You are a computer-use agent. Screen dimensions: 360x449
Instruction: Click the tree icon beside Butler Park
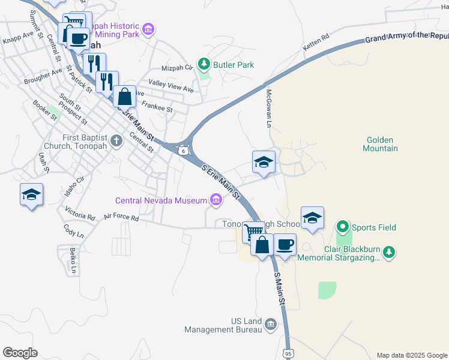point(204,64)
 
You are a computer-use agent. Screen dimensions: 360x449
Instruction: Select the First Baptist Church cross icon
point(117,141)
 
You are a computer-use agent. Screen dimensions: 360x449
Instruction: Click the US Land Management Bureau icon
point(270,325)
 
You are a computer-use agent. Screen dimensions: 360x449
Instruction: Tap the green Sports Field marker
point(343,227)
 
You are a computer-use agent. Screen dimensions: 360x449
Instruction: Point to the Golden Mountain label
point(381,144)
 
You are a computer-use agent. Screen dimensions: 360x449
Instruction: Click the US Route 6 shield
point(182,151)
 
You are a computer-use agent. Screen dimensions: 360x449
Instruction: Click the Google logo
point(20,352)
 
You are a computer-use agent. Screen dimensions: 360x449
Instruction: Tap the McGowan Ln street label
point(269,108)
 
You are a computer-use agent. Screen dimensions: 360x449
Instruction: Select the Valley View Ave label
point(171,86)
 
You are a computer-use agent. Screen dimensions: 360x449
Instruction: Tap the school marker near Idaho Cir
point(31,194)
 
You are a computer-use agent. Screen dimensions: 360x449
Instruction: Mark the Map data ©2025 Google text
point(411,355)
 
